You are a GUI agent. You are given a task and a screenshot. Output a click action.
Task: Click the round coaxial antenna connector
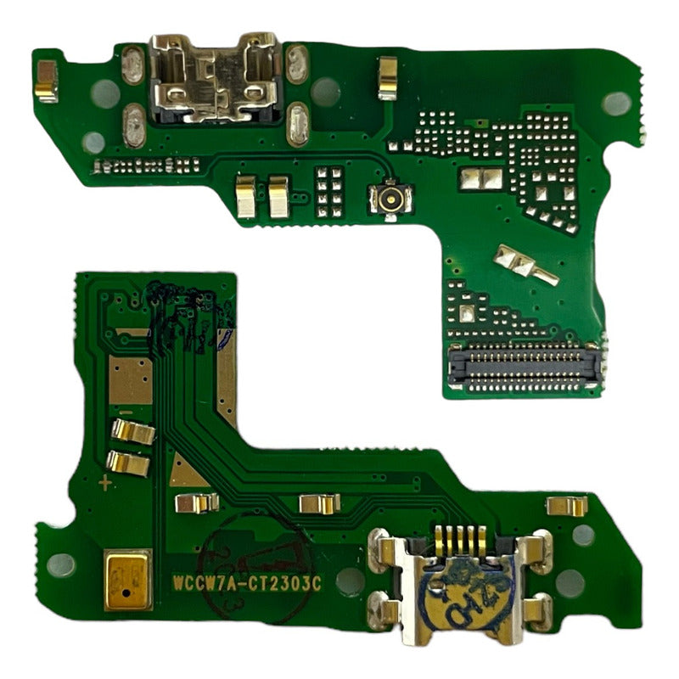[x=391, y=199]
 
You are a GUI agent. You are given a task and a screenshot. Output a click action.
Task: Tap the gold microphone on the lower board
[x=127, y=579]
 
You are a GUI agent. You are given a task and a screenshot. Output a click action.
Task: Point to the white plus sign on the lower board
[x=105, y=484]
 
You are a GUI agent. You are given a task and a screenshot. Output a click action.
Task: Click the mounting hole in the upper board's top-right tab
[x=614, y=103]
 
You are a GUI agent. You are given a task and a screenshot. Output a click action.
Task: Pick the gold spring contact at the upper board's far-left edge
[x=46, y=81]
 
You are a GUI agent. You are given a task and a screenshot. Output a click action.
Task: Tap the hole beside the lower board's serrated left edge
[x=61, y=564]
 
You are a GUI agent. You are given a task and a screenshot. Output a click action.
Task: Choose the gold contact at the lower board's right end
[x=567, y=506]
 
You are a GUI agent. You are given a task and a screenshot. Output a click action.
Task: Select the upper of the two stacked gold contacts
[x=133, y=432]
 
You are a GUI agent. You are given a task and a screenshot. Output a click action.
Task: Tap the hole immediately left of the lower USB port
[x=350, y=581]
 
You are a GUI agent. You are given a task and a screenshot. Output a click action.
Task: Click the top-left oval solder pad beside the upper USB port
[x=132, y=65]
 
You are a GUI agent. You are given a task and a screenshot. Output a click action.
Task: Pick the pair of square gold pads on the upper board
[x=482, y=178]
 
